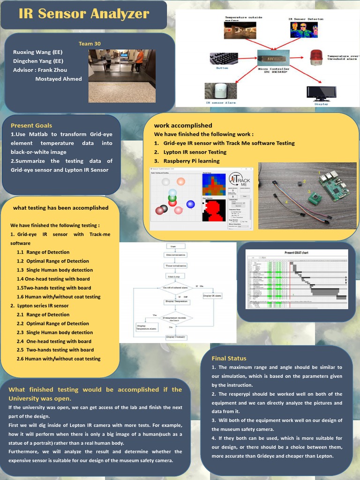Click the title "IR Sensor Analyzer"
(x=84, y=14)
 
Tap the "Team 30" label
(x=89, y=44)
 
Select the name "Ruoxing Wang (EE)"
(x=37, y=52)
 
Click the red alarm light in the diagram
(x=316, y=58)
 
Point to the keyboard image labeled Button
(x=224, y=59)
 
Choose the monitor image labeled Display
(x=321, y=92)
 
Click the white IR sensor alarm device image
(x=220, y=90)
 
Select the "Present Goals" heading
(x=31, y=125)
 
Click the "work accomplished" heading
(x=183, y=125)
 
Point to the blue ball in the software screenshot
(x=190, y=204)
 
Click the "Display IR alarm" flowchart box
(x=212, y=296)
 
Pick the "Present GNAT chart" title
(x=296, y=253)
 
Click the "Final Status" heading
(x=229, y=358)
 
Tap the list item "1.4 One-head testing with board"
(x=53, y=279)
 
